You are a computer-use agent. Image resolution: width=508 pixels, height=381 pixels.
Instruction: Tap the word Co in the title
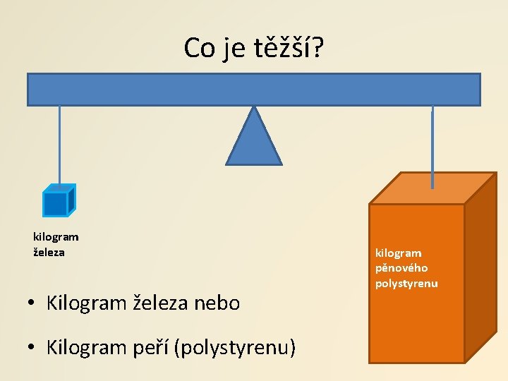[x=200, y=49]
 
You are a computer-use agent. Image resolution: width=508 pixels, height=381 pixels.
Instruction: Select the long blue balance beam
[x=253, y=90]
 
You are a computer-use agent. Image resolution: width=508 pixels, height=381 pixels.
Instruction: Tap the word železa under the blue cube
[x=49, y=252]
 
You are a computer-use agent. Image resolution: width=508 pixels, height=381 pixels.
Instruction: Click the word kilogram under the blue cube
[x=56, y=237]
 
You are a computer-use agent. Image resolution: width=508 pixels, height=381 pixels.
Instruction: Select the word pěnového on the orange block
[x=401, y=268]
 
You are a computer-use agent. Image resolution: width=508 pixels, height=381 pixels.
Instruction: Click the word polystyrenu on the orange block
[x=406, y=284]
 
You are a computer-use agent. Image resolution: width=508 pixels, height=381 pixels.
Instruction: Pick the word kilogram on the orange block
[x=399, y=253]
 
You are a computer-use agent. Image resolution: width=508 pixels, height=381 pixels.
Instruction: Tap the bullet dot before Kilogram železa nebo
[x=32, y=304]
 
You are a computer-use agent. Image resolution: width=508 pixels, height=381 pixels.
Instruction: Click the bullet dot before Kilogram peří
[x=32, y=348]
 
